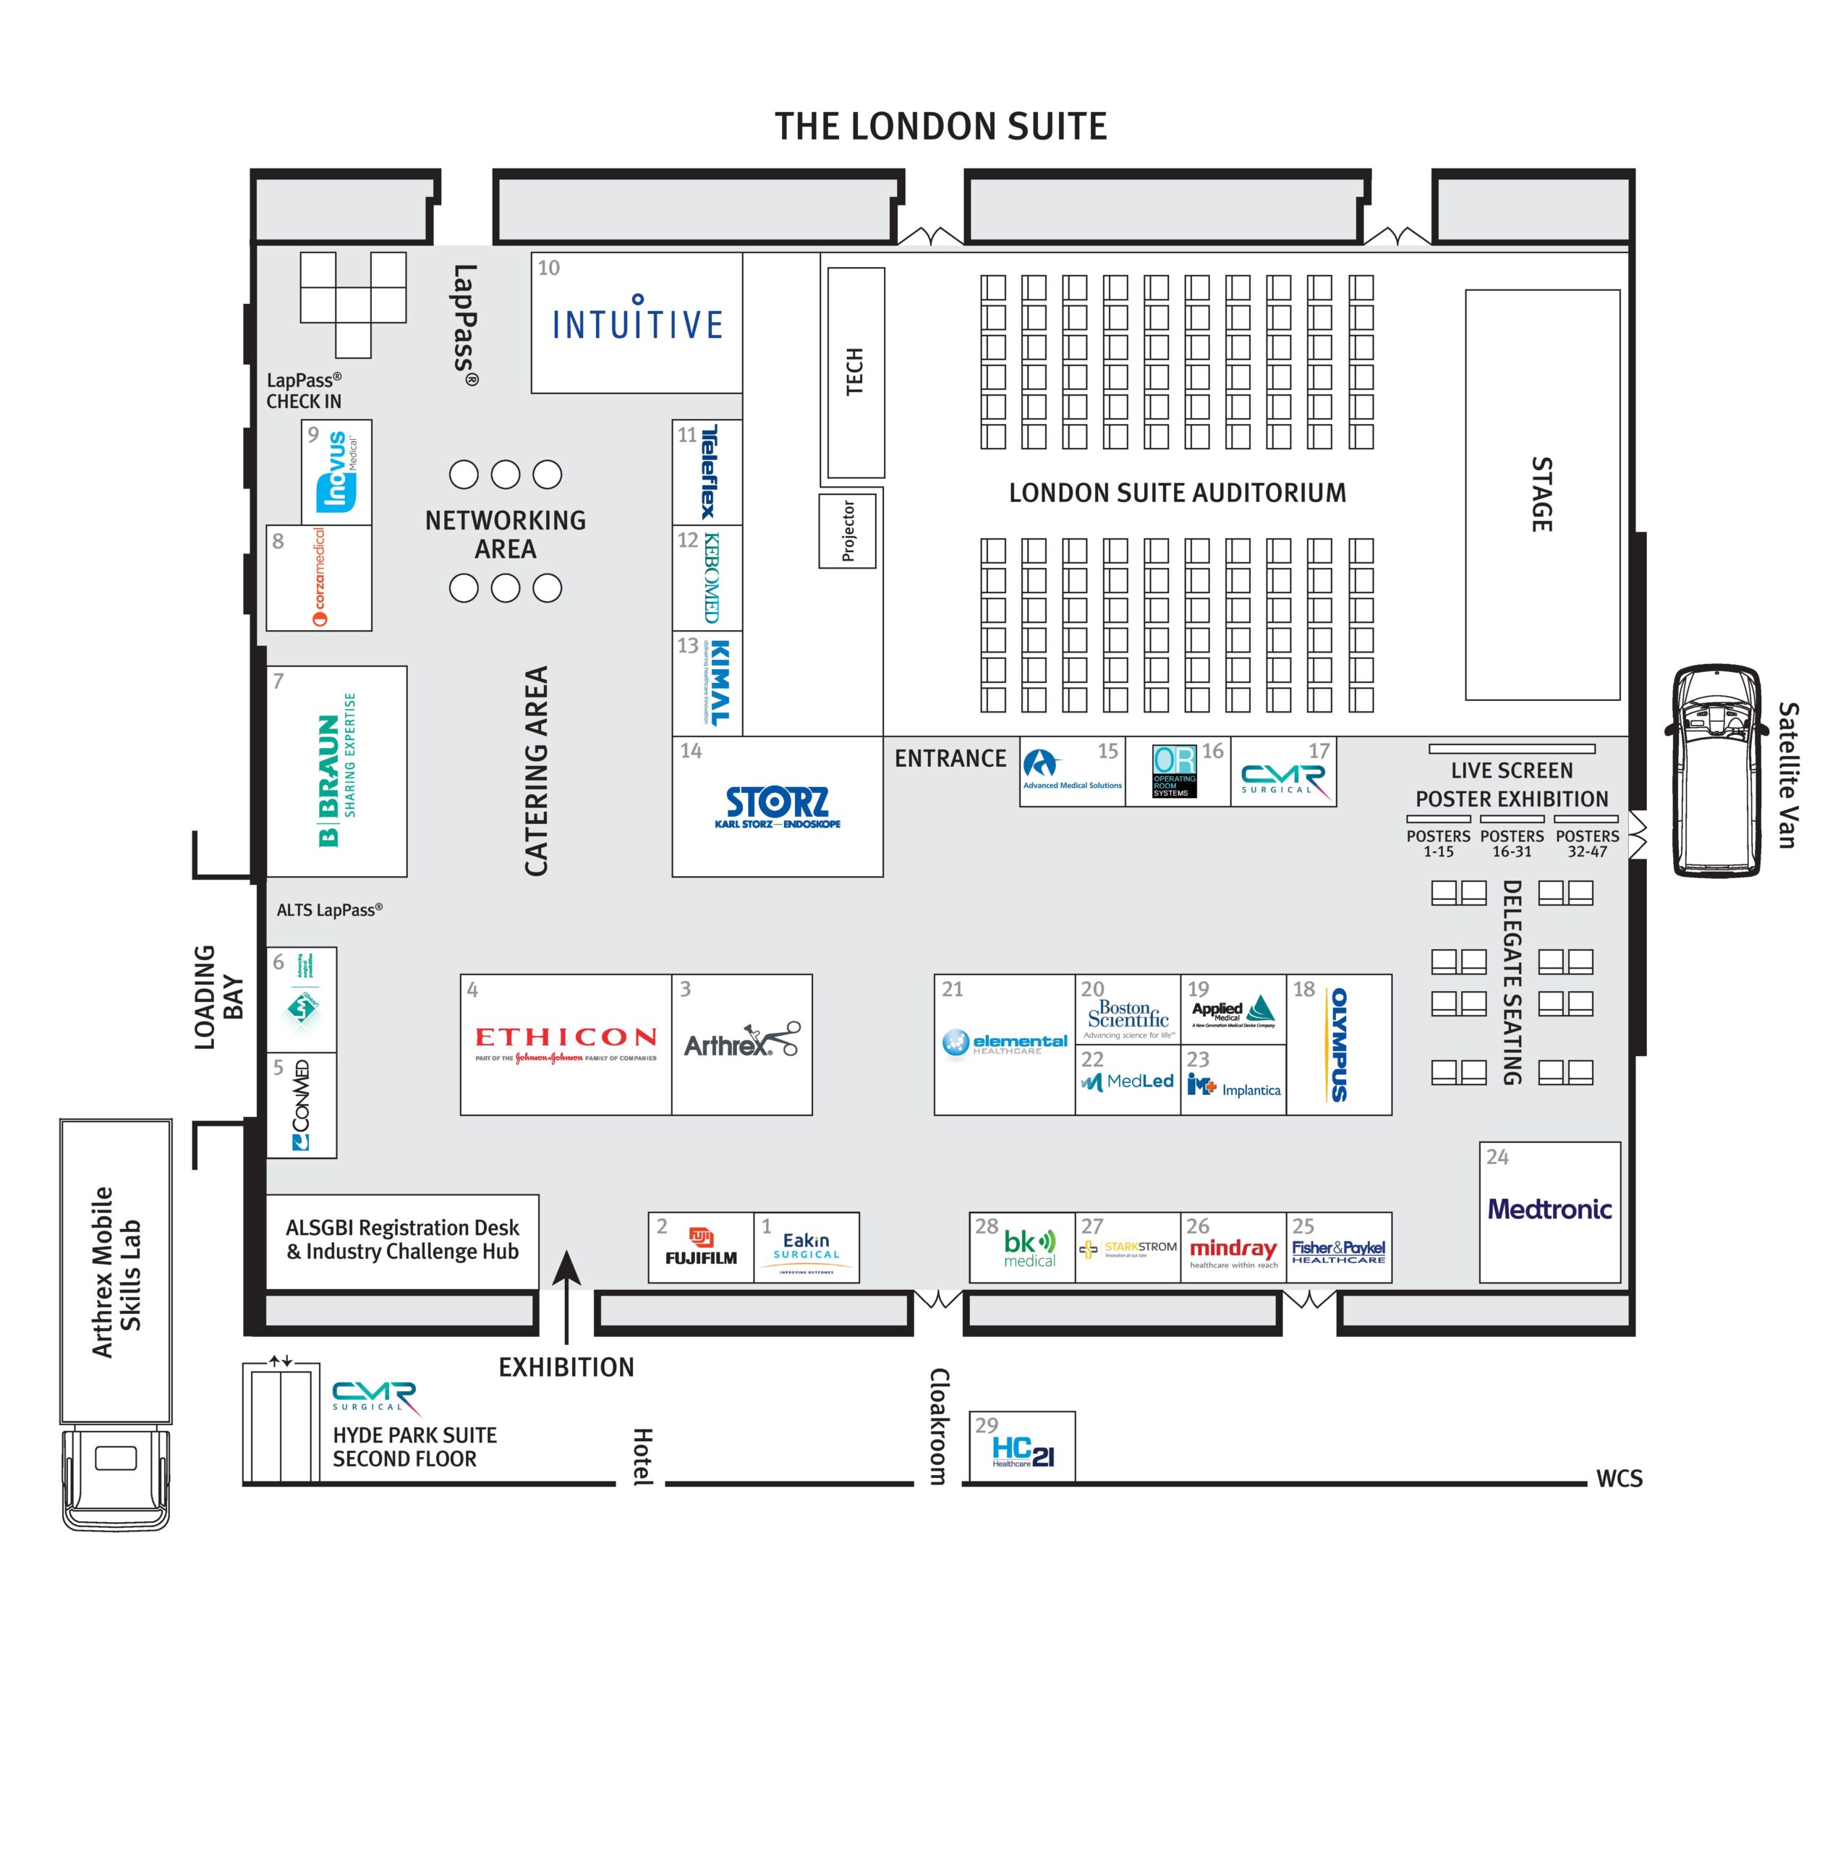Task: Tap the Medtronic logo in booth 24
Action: pyautogui.click(x=1548, y=1209)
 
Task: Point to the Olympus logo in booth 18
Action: pyautogui.click(x=1338, y=1044)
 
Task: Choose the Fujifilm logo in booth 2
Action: pyautogui.click(x=701, y=1247)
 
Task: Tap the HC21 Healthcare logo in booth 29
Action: pyautogui.click(x=1023, y=1451)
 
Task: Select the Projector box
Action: pyautogui.click(x=848, y=530)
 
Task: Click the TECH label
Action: pyautogui.click(x=854, y=372)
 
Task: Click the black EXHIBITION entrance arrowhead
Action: pyautogui.click(x=566, y=1268)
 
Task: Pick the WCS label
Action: pyautogui.click(x=1618, y=1478)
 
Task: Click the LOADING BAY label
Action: pyautogui.click(x=218, y=997)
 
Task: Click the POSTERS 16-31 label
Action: pyautogui.click(x=1511, y=843)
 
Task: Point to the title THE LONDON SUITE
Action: pyautogui.click(x=940, y=127)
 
